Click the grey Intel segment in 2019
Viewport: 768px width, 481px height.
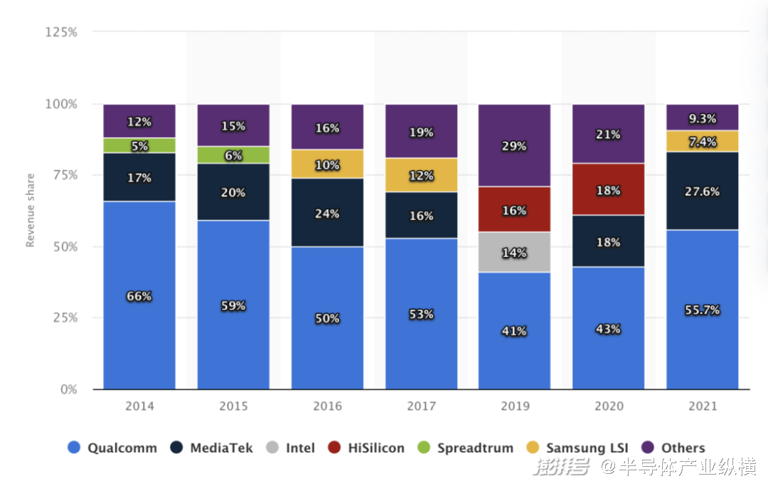pyautogui.click(x=514, y=252)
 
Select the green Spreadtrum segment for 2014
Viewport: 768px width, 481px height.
pyautogui.click(x=139, y=146)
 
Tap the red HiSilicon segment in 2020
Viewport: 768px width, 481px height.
pyautogui.click(x=608, y=189)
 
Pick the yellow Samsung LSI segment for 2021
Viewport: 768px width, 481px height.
pyautogui.click(x=703, y=141)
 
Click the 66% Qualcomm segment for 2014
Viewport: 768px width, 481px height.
pyautogui.click(x=139, y=295)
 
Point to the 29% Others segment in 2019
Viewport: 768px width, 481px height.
pyautogui.click(x=514, y=145)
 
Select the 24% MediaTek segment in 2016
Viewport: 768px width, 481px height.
pyautogui.click(x=327, y=212)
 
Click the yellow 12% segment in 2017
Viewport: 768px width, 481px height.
pyautogui.click(x=421, y=175)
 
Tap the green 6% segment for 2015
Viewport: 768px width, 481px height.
pyautogui.click(x=233, y=155)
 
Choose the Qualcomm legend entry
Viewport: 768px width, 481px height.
pyautogui.click(x=112, y=448)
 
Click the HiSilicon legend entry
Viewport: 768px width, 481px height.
pyautogui.click(x=366, y=448)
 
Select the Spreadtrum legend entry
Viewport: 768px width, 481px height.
pyautogui.click(x=465, y=448)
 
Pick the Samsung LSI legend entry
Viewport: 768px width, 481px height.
pyautogui.click(x=577, y=448)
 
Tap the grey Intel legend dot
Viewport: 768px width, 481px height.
pyautogui.click(x=272, y=447)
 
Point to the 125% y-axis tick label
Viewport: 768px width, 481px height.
pyautogui.click(x=61, y=32)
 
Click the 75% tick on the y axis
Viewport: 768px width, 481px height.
pyautogui.click(x=65, y=175)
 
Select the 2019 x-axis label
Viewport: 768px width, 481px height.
pyautogui.click(x=515, y=406)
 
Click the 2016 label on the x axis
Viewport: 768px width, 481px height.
pyautogui.click(x=327, y=406)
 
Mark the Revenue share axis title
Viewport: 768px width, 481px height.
pyautogui.click(x=31, y=211)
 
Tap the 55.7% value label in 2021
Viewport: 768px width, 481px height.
pyautogui.click(x=703, y=310)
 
